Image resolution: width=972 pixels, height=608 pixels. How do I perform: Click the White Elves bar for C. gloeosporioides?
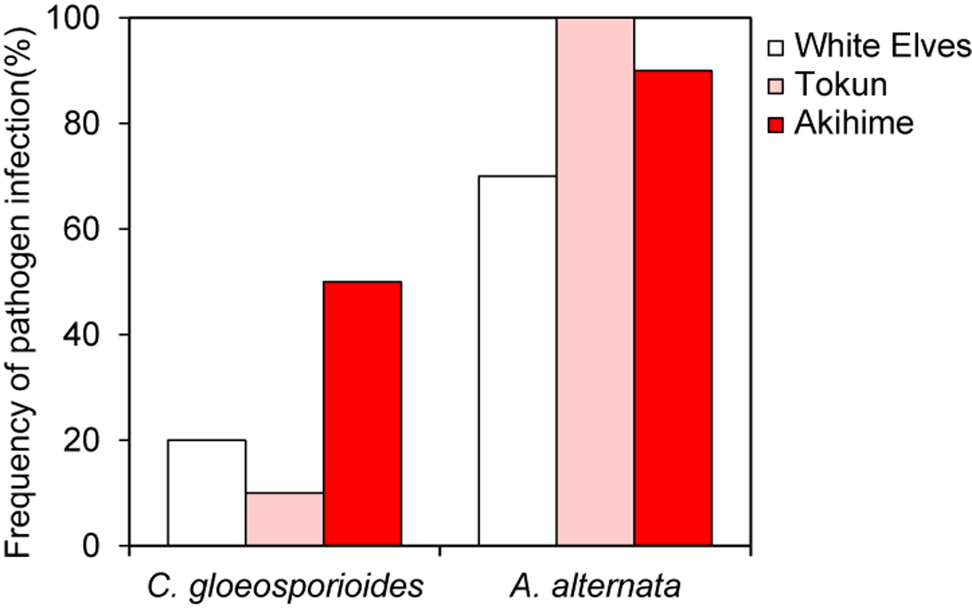[x=207, y=492]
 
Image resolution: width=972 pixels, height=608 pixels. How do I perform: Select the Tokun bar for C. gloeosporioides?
[x=285, y=519]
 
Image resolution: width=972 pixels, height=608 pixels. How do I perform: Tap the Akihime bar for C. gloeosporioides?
[x=362, y=413]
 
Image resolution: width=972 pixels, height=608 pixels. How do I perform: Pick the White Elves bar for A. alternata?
[x=518, y=361]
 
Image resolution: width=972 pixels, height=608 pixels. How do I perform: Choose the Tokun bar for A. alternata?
[x=595, y=281]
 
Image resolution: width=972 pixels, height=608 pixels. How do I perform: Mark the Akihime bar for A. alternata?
[x=673, y=308]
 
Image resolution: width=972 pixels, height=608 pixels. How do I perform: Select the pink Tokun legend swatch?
[x=775, y=87]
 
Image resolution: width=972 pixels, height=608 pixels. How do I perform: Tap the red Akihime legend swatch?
[x=775, y=125]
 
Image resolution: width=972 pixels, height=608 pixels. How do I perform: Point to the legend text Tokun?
[x=841, y=85]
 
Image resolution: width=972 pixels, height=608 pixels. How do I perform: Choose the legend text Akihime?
[x=854, y=123]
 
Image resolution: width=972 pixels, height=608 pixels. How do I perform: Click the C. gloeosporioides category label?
[x=285, y=587]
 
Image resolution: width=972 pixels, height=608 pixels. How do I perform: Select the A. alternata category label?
[x=595, y=587]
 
